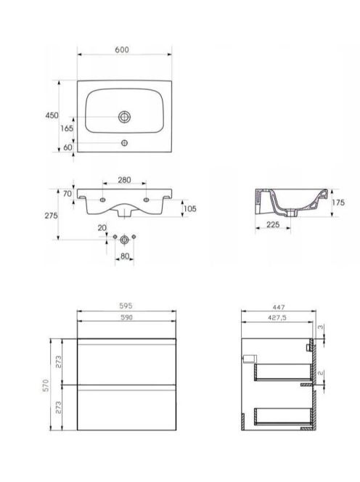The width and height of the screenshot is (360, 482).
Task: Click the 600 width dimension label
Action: click(122, 49)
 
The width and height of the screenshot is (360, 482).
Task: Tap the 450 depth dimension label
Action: click(52, 115)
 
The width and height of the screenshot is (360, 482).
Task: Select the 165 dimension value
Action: click(67, 128)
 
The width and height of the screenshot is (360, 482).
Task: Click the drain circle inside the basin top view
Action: click(125, 117)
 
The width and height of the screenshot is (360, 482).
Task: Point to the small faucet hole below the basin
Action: click(125, 142)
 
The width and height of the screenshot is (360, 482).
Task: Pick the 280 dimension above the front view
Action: click(125, 180)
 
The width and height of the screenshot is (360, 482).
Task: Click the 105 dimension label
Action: click(189, 209)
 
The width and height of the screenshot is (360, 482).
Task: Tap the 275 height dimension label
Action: click(51, 216)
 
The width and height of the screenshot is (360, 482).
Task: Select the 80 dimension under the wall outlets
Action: click(125, 256)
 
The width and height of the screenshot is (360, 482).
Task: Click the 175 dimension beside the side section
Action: click(338, 203)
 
